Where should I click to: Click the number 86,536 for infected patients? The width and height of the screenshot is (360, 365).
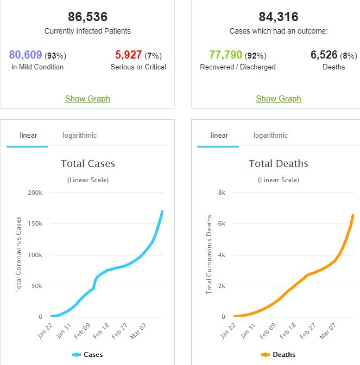[x=87, y=17]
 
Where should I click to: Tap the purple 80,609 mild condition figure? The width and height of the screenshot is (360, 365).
[x=26, y=55]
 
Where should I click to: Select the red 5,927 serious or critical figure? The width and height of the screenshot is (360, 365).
[x=129, y=55]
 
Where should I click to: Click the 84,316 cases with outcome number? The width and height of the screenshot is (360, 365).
[x=278, y=17]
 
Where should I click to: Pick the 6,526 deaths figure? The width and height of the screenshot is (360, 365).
[x=324, y=55]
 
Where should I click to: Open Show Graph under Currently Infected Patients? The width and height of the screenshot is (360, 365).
[x=87, y=99]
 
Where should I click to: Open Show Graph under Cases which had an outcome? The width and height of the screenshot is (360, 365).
[x=278, y=99]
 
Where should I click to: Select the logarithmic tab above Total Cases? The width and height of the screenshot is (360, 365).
[x=79, y=135]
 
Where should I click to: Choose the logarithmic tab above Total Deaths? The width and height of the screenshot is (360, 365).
[x=270, y=135]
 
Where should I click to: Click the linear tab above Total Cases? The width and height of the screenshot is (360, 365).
[x=28, y=135]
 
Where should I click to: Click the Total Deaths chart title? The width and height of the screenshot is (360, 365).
[x=278, y=164]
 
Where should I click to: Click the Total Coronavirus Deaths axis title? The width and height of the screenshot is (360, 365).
[x=209, y=254]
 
